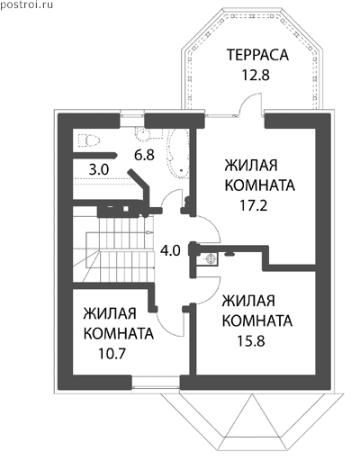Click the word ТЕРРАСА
click(x=257, y=55)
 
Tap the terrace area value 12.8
click(x=256, y=75)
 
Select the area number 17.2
click(x=253, y=205)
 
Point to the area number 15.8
click(x=251, y=340)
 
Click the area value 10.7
click(x=112, y=353)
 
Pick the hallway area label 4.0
click(x=170, y=250)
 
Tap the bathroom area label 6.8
click(x=144, y=155)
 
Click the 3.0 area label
click(x=99, y=170)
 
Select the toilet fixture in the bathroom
click(x=89, y=140)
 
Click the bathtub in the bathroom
click(x=177, y=154)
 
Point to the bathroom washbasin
click(x=143, y=134)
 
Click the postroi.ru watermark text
click(x=26, y=5)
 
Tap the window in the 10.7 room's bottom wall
click(x=156, y=383)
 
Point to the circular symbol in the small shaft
click(x=211, y=258)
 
